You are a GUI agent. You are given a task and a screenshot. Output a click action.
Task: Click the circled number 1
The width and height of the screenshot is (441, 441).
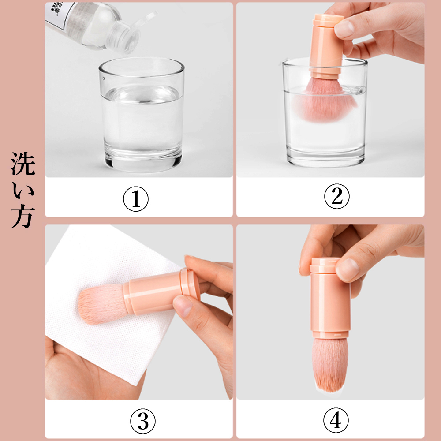(136, 199)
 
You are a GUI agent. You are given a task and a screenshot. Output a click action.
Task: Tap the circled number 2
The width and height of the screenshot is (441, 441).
(336, 197)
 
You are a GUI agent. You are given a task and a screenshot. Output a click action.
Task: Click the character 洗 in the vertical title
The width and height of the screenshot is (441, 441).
(22, 164)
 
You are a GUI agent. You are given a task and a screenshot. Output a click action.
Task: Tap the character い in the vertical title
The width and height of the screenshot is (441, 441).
(22, 190)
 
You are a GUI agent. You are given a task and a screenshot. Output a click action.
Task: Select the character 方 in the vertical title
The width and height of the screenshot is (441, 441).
(22, 216)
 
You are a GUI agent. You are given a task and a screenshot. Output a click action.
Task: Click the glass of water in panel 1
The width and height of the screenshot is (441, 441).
(141, 115)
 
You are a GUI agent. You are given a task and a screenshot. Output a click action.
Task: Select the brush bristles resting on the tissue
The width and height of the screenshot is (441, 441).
(99, 304)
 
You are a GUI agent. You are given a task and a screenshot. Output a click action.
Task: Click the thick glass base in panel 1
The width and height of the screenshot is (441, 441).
(141, 161)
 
